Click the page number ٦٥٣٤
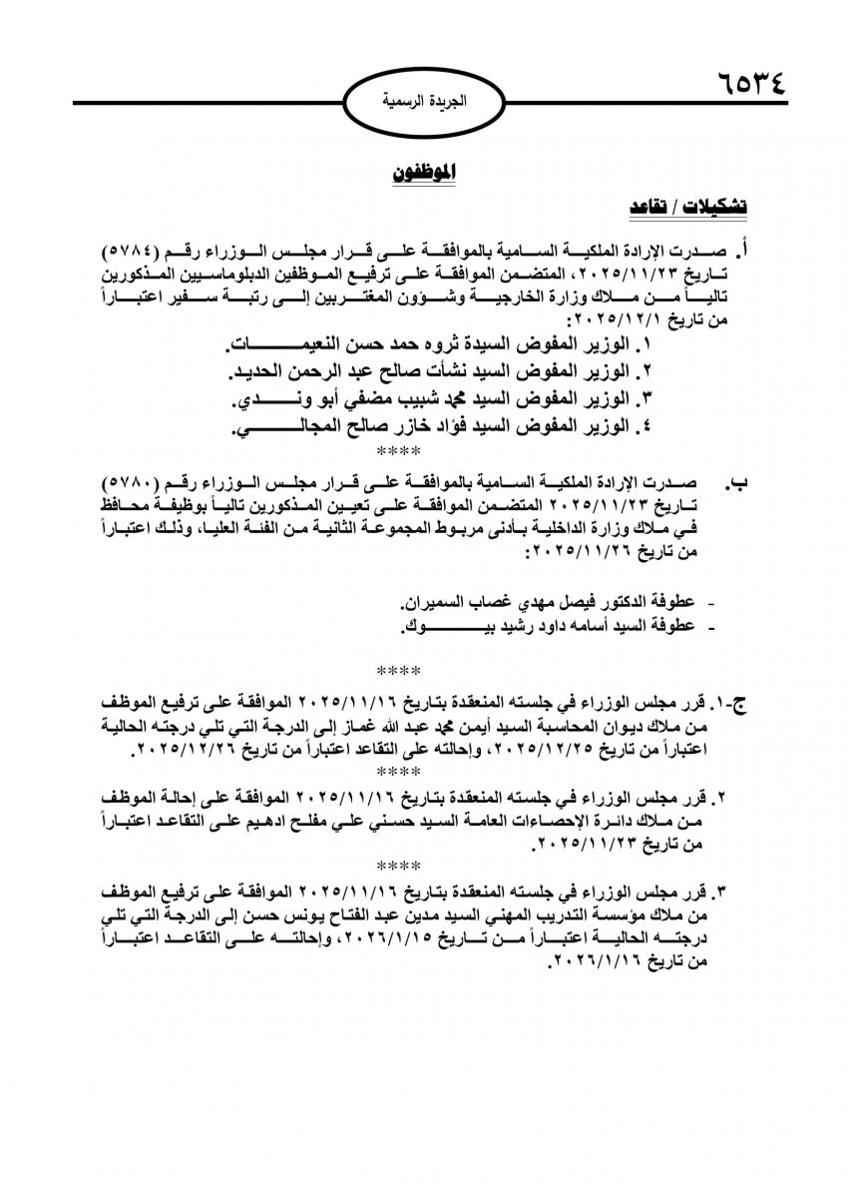click(x=750, y=80)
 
